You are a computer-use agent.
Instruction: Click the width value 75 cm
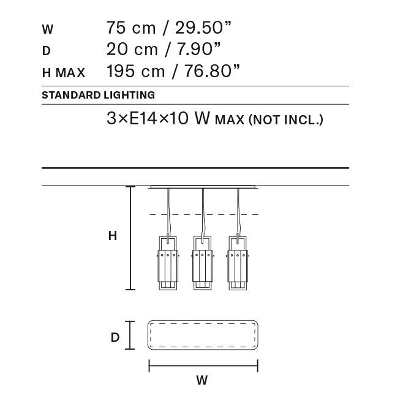pyautogui.click(x=131, y=28)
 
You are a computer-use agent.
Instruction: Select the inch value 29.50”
pyautogui.click(x=203, y=28)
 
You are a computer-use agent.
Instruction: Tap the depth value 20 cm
pyautogui.click(x=132, y=49)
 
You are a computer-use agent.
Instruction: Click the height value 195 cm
pyautogui.click(x=135, y=71)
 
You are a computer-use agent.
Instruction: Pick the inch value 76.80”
pyautogui.click(x=212, y=71)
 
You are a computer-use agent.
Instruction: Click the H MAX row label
pyautogui.click(x=64, y=72)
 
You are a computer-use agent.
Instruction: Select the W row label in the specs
pyautogui.click(x=48, y=29)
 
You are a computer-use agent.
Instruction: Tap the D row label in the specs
pyautogui.click(x=47, y=51)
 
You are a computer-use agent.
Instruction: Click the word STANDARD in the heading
pyautogui.click(x=71, y=95)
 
